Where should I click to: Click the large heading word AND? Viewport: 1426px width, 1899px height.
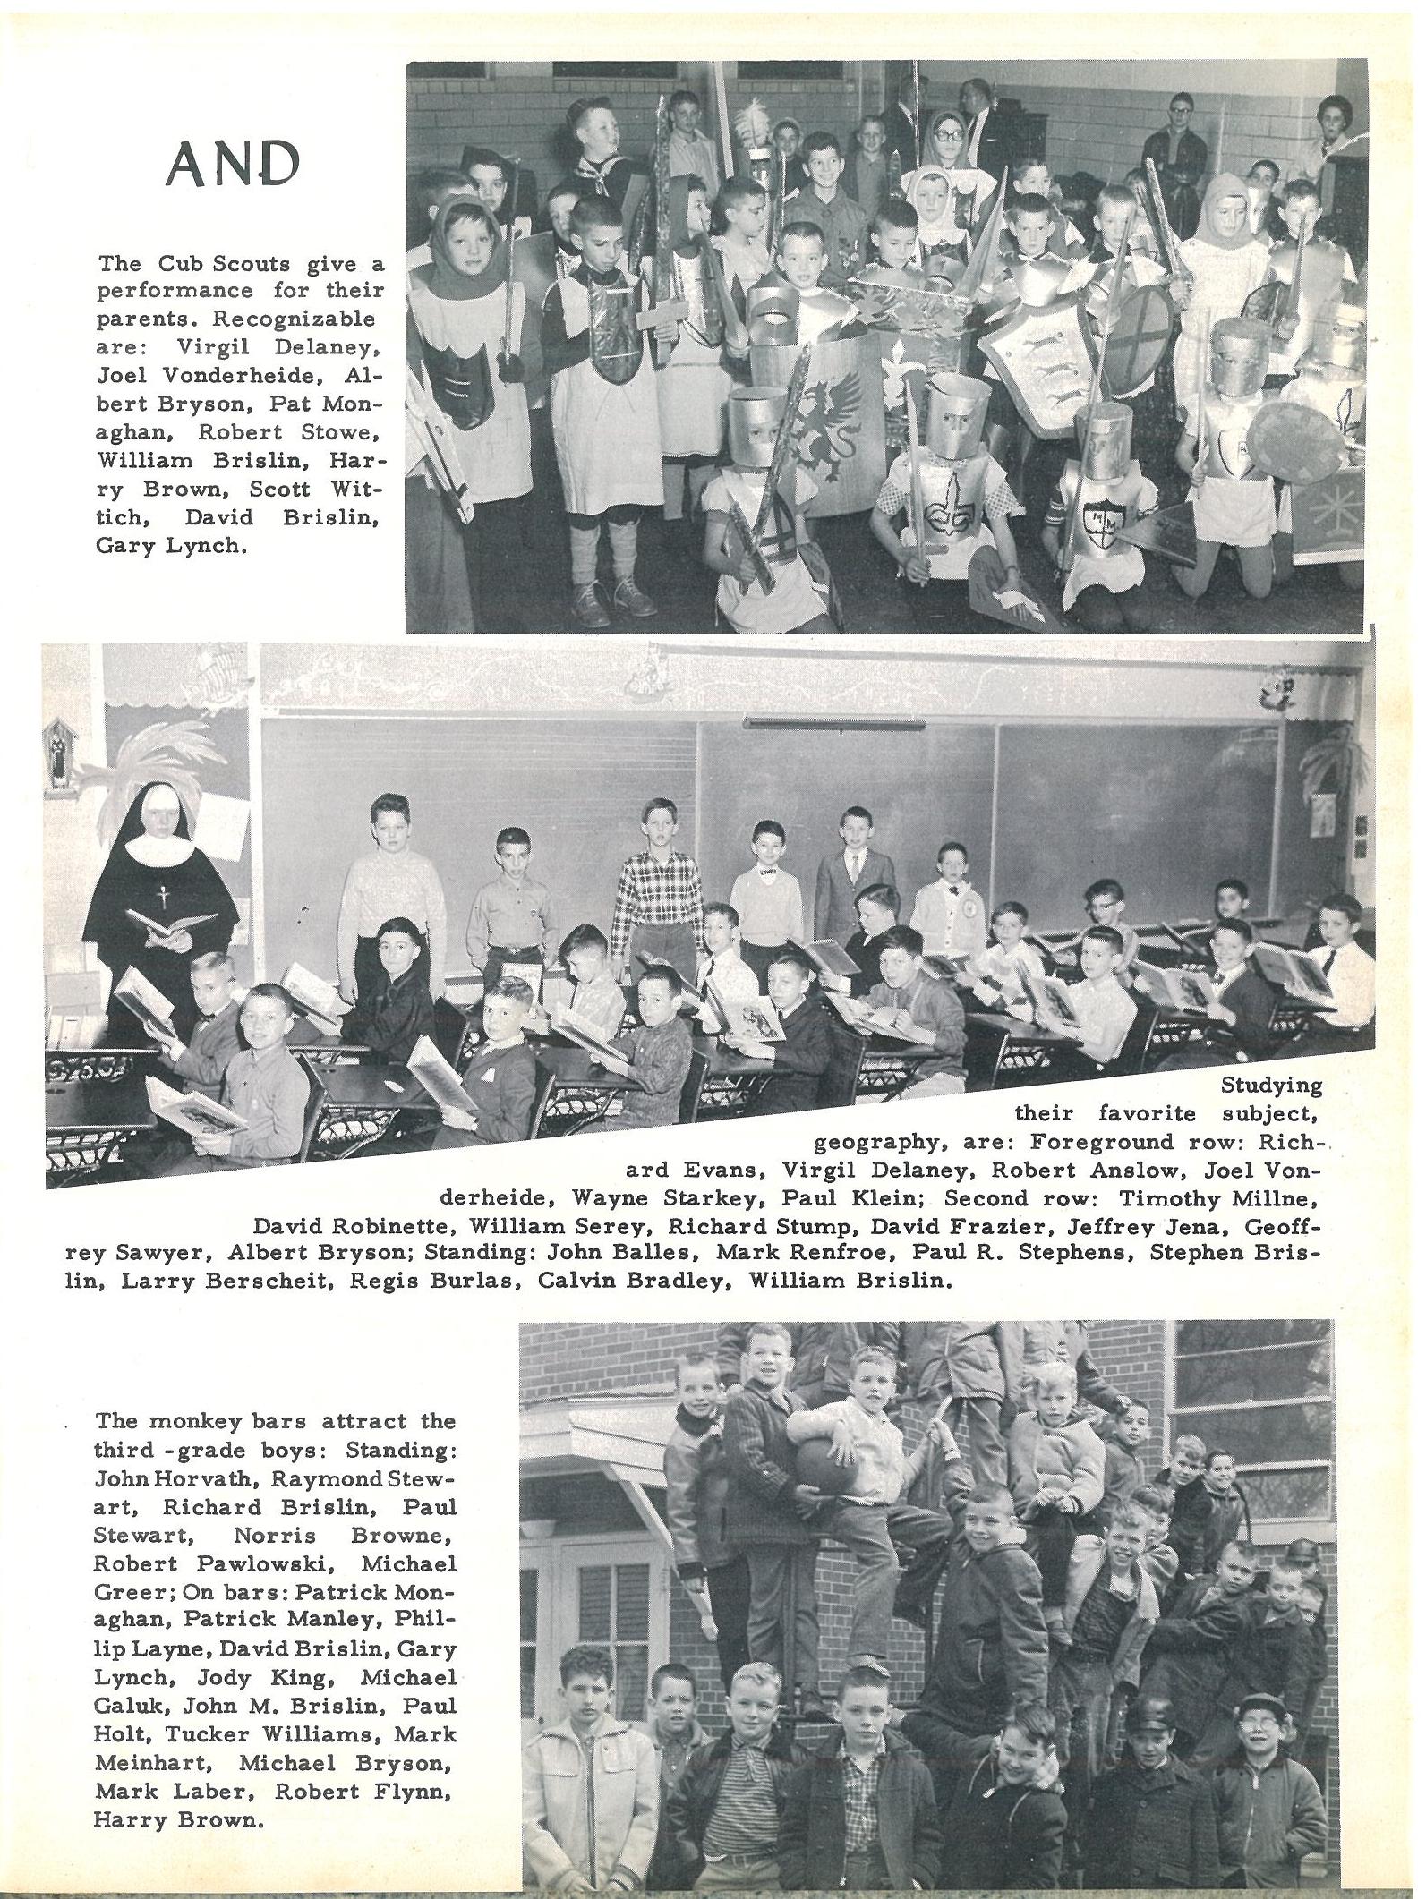[233, 163]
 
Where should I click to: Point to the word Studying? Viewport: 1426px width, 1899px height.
[1271, 1086]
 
